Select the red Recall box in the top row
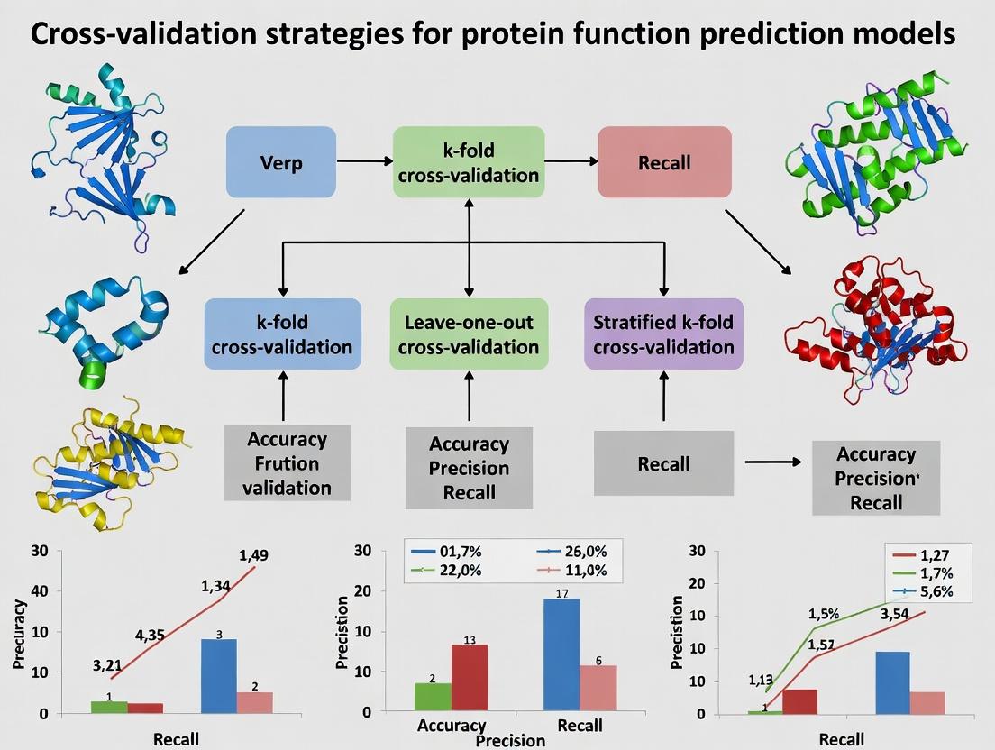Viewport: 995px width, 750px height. tap(664, 162)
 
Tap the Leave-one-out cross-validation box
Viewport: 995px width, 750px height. tap(468, 334)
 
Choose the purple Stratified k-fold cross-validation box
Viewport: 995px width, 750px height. tap(663, 334)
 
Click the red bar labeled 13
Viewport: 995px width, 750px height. tap(470, 677)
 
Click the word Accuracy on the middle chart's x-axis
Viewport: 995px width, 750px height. tap(452, 726)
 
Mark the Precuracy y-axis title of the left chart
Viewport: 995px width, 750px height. tap(20, 631)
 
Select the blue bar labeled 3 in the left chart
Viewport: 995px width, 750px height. tap(219, 676)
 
